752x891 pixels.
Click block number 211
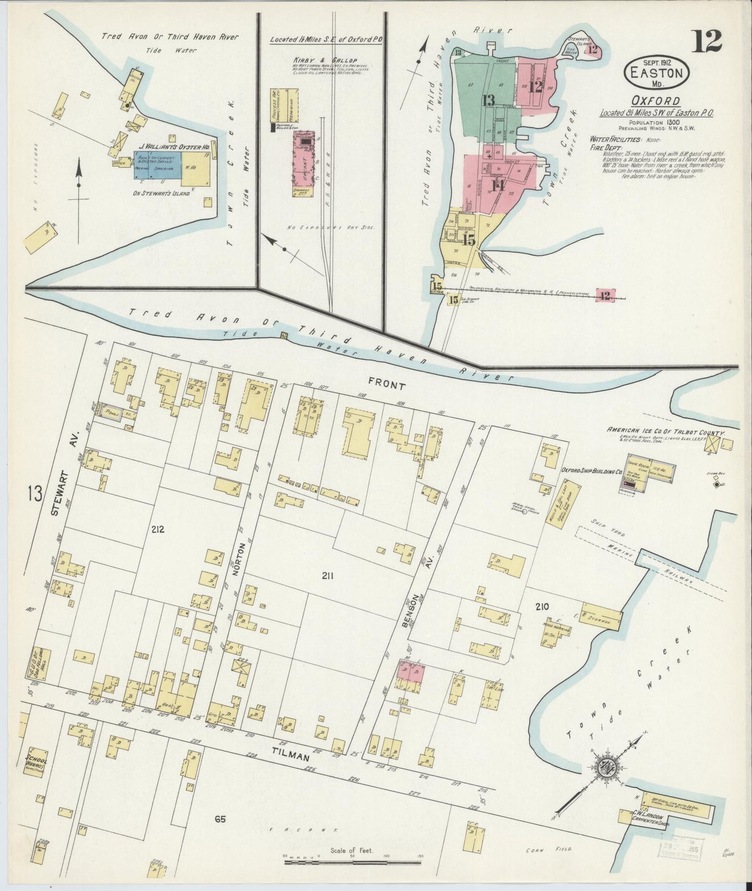coord(327,575)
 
